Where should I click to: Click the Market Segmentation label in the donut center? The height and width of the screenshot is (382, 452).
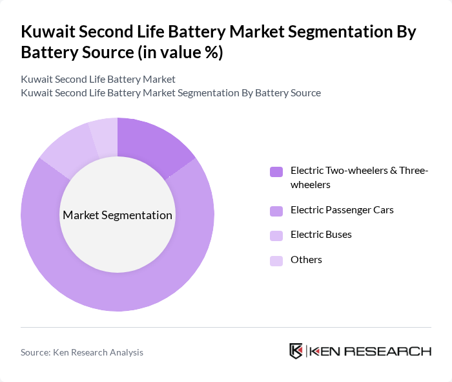(117, 215)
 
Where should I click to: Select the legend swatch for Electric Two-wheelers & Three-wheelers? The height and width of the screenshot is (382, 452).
(276, 172)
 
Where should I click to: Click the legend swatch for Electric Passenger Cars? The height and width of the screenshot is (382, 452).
(276, 210)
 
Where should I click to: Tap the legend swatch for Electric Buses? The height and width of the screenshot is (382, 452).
(276, 235)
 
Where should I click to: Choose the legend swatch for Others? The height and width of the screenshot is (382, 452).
(276, 260)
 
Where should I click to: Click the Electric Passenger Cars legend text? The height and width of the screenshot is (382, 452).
(342, 210)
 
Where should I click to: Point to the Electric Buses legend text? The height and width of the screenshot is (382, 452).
(321, 235)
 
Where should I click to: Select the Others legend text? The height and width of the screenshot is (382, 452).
(306, 260)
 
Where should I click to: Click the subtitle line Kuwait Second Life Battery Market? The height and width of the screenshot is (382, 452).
(98, 80)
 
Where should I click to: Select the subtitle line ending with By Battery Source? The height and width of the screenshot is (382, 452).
(170, 93)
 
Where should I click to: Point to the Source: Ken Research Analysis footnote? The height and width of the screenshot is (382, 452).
(82, 352)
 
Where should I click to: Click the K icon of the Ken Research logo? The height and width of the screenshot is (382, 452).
(296, 351)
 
